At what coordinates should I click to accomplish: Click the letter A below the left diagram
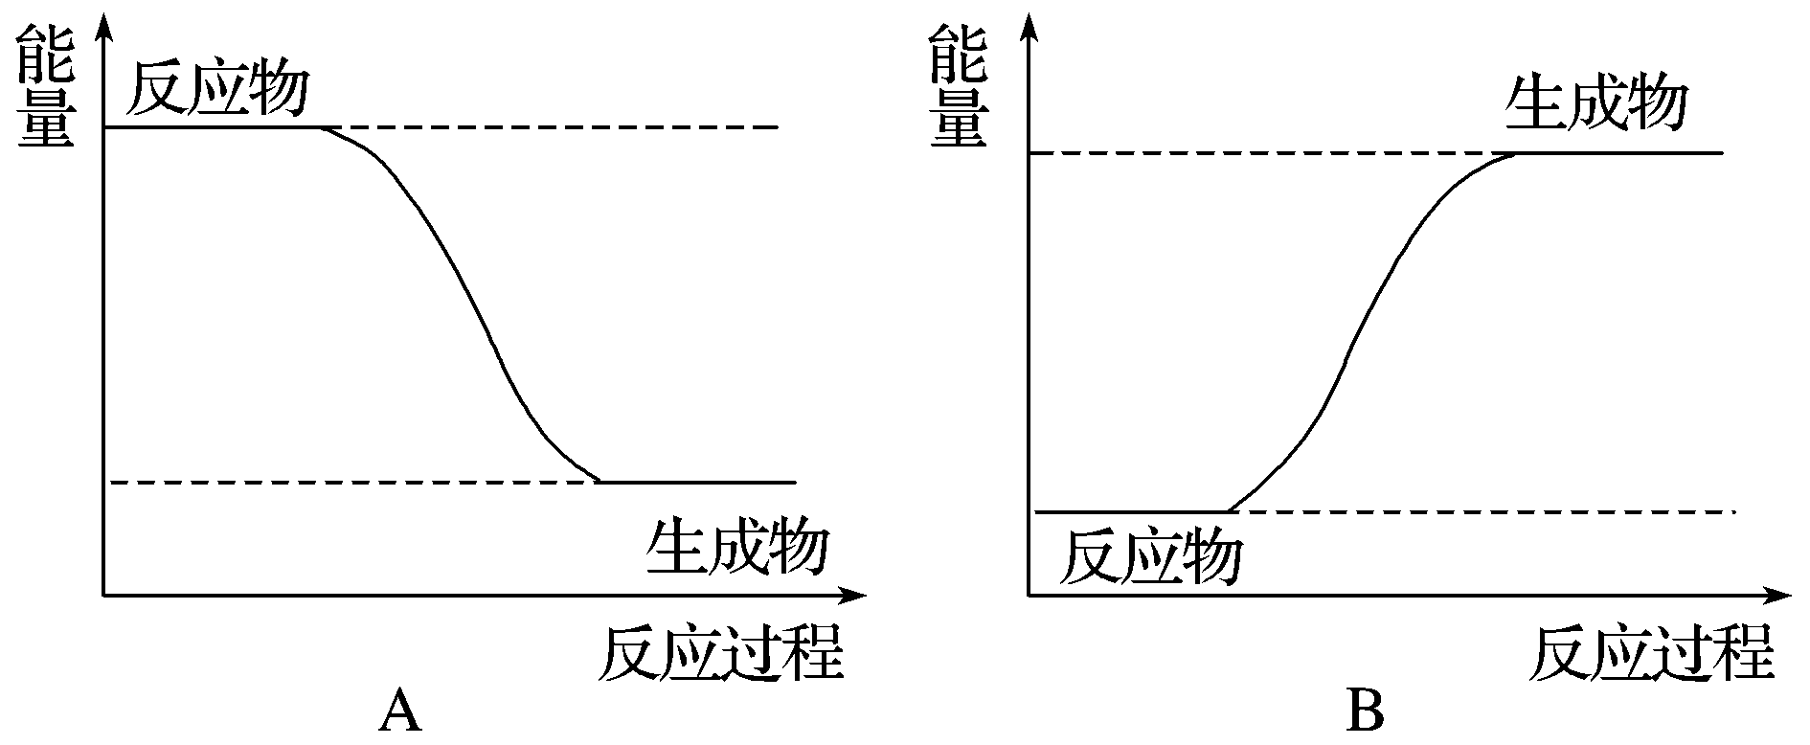[x=400, y=712]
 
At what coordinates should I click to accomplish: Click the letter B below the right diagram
[x=1366, y=712]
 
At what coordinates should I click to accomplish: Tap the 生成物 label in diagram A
[x=736, y=547]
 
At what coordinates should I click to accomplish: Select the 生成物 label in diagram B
[x=1595, y=104]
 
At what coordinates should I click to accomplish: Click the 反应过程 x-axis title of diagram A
[x=721, y=653]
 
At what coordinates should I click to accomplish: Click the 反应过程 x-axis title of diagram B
[x=1652, y=653]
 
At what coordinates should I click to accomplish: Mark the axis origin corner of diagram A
[x=102, y=596]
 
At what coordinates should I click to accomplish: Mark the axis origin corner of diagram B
[x=1029, y=596]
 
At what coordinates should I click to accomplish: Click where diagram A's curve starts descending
[x=322, y=127]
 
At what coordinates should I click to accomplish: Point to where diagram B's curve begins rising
[x=1229, y=511]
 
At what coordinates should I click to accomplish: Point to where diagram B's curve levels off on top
[x=1515, y=153]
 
